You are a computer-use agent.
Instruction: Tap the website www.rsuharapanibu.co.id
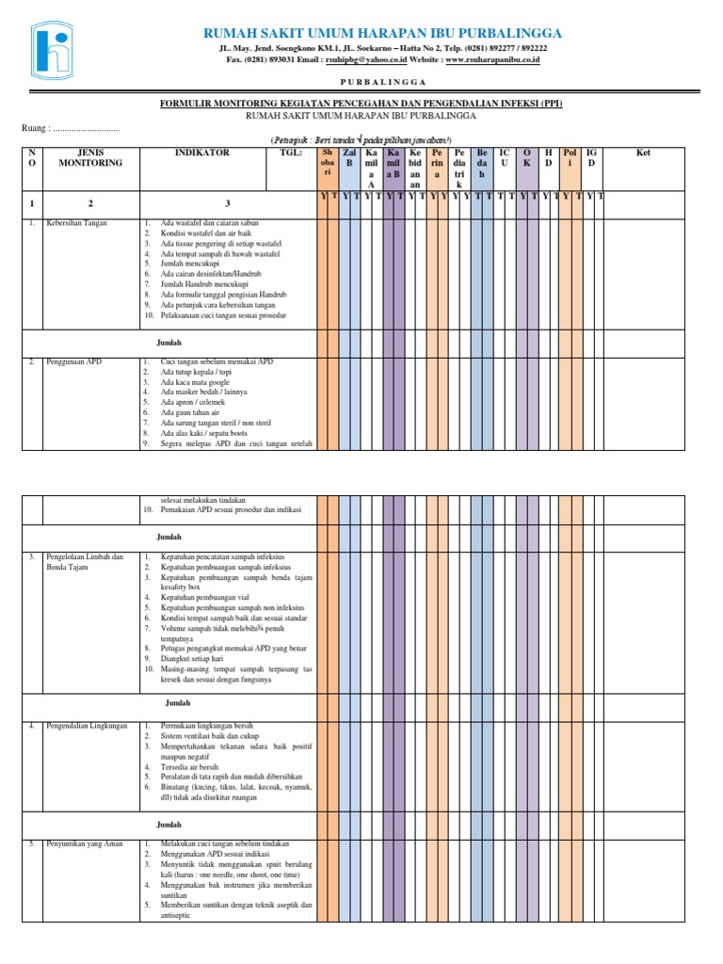click(x=492, y=59)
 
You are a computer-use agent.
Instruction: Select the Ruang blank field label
click(x=71, y=128)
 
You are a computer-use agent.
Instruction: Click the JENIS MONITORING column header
click(x=90, y=157)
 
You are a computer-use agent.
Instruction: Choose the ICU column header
click(x=504, y=157)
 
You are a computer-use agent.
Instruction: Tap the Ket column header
click(x=643, y=153)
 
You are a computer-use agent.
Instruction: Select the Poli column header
click(x=569, y=157)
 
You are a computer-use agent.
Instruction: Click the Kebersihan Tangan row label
click(x=76, y=224)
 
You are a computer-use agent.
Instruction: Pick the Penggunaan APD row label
click(x=73, y=361)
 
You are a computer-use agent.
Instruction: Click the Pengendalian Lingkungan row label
click(x=85, y=727)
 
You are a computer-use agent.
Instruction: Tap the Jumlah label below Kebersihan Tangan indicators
click(x=169, y=343)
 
